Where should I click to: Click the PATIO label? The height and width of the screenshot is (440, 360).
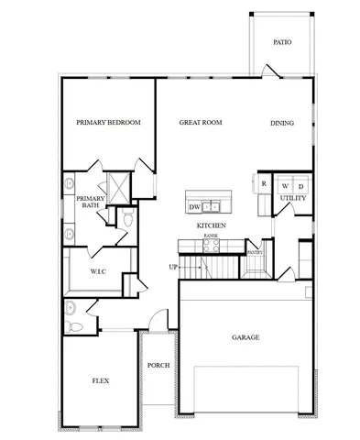[x=282, y=42]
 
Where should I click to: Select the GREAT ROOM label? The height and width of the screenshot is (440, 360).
[x=201, y=123]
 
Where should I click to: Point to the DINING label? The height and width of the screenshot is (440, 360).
[x=282, y=123]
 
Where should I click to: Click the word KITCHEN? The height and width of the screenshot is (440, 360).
[x=212, y=225]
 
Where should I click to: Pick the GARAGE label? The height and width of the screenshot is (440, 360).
[x=245, y=337]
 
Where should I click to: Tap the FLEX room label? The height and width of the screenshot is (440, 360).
[x=102, y=380]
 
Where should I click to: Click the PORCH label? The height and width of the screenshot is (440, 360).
[x=158, y=365]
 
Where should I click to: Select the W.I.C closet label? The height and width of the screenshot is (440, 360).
[x=100, y=272]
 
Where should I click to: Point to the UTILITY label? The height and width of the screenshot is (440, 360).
[x=293, y=198]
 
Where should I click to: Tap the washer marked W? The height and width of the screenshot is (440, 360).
[x=284, y=184]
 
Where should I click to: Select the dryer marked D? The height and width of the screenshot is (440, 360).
[x=300, y=184]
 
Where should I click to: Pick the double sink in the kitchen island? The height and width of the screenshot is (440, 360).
[x=212, y=205]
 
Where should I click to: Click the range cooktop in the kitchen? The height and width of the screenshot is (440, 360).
[x=211, y=243]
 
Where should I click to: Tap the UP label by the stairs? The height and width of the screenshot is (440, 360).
[x=173, y=267]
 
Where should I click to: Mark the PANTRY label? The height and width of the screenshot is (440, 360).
[x=256, y=252]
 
